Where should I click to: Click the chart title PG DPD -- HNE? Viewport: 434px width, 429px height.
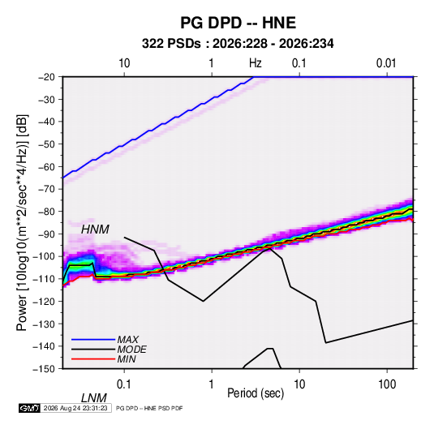238,23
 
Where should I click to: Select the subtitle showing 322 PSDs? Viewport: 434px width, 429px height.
238,44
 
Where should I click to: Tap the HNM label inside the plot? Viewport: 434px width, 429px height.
95,230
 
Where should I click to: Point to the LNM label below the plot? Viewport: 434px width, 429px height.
94,398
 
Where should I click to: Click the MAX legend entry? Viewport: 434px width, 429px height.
128,340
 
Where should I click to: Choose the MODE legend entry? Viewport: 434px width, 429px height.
131,350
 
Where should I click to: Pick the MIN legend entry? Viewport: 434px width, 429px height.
127,359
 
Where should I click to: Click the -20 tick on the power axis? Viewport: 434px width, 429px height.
46,77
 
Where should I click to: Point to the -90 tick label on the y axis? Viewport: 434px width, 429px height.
46,234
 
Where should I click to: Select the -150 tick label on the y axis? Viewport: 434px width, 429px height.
44,369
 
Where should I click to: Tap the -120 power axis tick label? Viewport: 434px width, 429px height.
44,302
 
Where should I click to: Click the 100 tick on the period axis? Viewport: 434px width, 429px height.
387,384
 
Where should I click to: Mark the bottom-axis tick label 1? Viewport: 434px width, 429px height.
212,384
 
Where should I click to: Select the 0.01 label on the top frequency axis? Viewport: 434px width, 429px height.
386,63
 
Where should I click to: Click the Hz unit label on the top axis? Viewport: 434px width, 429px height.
256,63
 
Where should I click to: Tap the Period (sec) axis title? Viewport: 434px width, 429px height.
256,393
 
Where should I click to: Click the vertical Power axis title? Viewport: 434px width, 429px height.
22,222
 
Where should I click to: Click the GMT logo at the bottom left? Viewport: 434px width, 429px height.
29,408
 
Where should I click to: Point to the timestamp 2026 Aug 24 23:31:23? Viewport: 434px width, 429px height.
75,408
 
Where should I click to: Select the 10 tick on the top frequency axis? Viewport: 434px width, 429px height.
124,63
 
